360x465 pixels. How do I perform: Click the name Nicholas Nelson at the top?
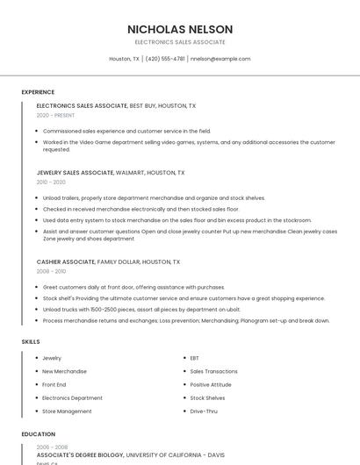click(x=179, y=29)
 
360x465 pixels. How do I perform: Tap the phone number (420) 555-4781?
click(x=164, y=59)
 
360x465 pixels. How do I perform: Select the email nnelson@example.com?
click(x=220, y=59)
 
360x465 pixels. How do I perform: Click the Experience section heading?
click(x=38, y=91)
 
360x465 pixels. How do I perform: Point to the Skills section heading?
click(x=31, y=341)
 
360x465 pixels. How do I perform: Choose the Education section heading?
click(x=38, y=433)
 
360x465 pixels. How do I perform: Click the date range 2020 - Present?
click(x=55, y=115)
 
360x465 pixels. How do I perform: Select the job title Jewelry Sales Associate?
click(x=76, y=173)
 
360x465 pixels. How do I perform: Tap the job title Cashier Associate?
click(x=66, y=261)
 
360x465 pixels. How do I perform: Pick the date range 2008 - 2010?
click(x=51, y=271)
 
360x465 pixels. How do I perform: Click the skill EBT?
click(x=195, y=358)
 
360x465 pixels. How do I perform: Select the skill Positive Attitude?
click(x=211, y=384)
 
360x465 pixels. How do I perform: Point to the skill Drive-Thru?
click(x=204, y=411)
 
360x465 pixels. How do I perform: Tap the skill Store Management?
click(x=67, y=411)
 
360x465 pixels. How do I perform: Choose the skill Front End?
click(x=54, y=384)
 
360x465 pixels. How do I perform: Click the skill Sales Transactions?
click(x=213, y=371)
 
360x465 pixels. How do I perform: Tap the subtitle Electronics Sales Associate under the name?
click(x=179, y=42)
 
